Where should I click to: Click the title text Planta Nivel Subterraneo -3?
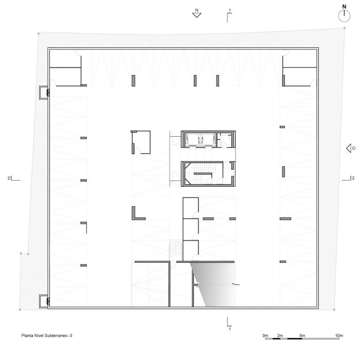click(47, 335)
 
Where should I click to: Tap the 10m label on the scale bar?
click(339, 335)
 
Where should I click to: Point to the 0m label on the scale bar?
click(265, 335)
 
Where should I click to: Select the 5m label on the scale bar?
click(302, 335)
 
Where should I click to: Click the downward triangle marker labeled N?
click(196, 13)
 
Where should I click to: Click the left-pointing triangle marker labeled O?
click(351, 148)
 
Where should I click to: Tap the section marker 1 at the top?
click(229, 15)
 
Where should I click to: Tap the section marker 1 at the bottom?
click(229, 324)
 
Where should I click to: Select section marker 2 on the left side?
click(14, 178)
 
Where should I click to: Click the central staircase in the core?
click(202, 174)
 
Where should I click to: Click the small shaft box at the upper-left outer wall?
click(44, 93)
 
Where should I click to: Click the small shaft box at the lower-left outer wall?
click(44, 301)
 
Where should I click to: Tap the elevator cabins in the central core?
click(201, 139)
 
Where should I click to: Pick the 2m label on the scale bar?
click(280, 335)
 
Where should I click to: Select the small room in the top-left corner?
click(65, 59)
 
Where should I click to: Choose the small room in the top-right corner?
click(299, 59)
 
